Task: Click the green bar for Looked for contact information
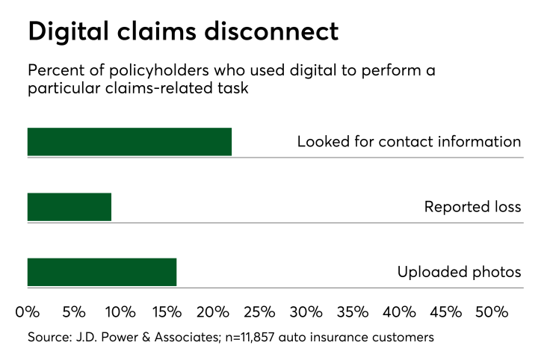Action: coord(129,142)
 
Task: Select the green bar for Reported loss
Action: coord(69,207)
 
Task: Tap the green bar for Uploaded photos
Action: coord(102,272)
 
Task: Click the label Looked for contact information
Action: coord(408,141)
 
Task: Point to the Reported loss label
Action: coord(472,207)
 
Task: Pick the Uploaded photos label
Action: coord(459,272)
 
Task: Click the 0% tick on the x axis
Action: coord(28,311)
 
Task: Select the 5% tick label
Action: coord(74,311)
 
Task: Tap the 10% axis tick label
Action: coord(120,311)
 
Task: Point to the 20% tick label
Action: coord(213,311)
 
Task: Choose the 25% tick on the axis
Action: coord(259,311)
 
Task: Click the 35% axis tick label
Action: coord(353,311)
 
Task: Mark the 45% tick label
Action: coord(445,311)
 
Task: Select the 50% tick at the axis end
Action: coord(492,311)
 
